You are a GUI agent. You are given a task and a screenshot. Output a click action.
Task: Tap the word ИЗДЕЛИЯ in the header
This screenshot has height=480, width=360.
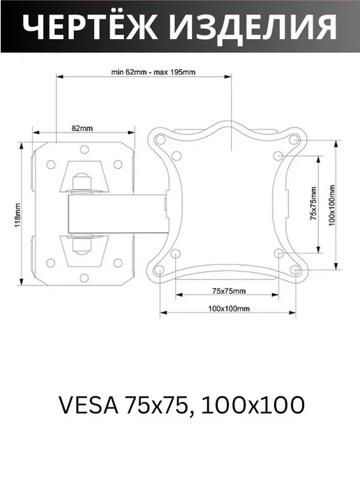coord(253,27)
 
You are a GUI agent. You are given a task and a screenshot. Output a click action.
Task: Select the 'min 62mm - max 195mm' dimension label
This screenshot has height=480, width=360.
coord(153,73)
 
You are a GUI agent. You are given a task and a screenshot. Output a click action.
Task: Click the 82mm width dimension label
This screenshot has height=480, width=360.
coord(82,128)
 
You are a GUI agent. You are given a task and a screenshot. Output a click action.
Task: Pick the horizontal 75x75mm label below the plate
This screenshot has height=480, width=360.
coord(229,291)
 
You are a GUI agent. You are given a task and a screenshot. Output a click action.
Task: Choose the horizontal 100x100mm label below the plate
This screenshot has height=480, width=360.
coord(229,308)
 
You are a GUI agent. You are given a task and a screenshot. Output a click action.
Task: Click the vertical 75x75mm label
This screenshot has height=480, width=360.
coord(313,204)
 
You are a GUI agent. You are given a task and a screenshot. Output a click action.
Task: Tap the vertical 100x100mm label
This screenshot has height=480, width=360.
coord(332,205)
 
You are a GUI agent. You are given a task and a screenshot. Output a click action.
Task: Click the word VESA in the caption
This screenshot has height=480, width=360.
coord(89,405)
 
